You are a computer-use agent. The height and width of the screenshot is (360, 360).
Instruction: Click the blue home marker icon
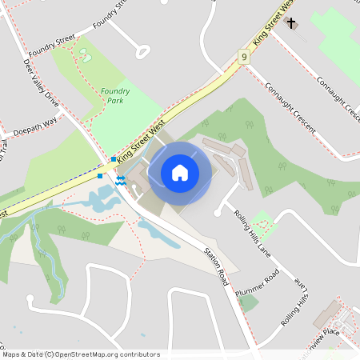180,173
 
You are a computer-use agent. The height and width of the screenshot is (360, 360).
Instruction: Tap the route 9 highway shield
243,56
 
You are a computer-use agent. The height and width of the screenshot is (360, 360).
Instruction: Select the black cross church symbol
291,23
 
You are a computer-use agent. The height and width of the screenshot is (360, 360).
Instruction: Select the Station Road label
215,266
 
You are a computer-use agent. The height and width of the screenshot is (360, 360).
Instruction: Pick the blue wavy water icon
119,182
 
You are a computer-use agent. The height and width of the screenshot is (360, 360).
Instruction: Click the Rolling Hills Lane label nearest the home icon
251,232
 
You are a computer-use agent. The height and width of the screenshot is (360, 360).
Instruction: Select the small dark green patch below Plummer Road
249,303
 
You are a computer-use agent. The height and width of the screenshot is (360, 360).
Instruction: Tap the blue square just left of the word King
113,160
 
